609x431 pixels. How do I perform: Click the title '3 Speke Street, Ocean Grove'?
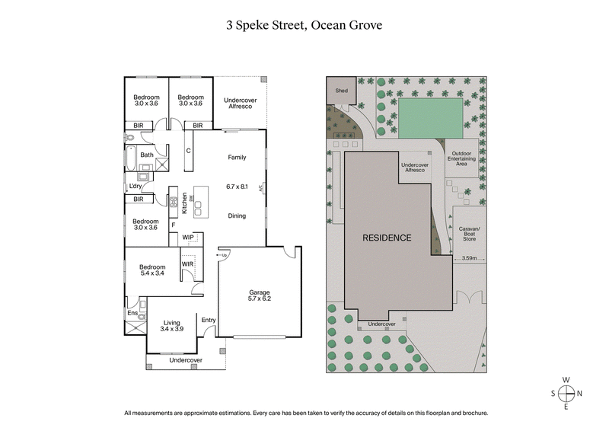pyautogui.click(x=304, y=24)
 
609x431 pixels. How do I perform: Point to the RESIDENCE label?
pyautogui.click(x=387, y=238)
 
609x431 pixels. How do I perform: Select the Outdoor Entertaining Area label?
pyautogui.click(x=461, y=158)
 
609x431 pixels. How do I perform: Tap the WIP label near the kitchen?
pyautogui.click(x=188, y=238)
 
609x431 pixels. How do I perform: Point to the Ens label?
pyautogui.click(x=132, y=313)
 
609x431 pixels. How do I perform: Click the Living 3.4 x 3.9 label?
pyautogui.click(x=171, y=326)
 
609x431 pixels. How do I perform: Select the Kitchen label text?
pyautogui.click(x=184, y=202)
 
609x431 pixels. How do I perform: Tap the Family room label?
pyautogui.click(x=238, y=158)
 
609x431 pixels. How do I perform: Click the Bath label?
pyautogui.click(x=146, y=155)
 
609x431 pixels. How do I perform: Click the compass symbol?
pyautogui.click(x=566, y=394)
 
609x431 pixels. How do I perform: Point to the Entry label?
pyautogui.click(x=209, y=320)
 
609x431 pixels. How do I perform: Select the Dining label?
pyautogui.click(x=237, y=215)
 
